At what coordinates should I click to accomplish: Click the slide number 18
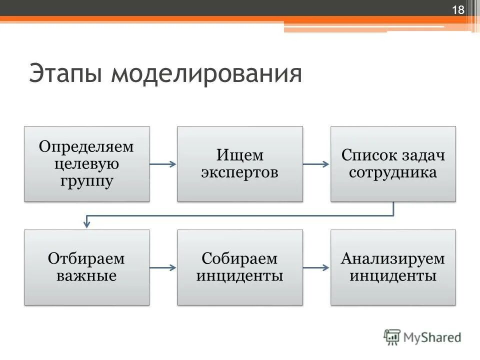coord(458,10)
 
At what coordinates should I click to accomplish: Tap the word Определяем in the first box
coord(87,147)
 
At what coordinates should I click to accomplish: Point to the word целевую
coord(87,164)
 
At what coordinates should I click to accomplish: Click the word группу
coord(87,180)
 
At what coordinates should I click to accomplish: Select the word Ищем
coord(240,155)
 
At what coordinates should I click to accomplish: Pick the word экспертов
coord(240,172)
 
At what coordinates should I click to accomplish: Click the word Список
coord(368,155)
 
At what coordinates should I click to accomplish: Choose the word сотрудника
coord(393,172)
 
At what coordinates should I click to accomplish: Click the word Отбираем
coord(86,259)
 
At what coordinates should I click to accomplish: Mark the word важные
coord(86,275)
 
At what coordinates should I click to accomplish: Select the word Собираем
coord(240,259)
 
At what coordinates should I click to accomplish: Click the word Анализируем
coord(393,259)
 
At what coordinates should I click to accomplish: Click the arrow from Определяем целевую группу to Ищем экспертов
coord(163,164)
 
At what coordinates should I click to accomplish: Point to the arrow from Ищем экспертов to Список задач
coord(316,164)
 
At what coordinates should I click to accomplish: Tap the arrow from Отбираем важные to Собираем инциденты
coord(163,267)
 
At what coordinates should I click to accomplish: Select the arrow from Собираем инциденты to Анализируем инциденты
coord(316,267)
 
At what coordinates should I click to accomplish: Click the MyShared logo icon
coord(392,337)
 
